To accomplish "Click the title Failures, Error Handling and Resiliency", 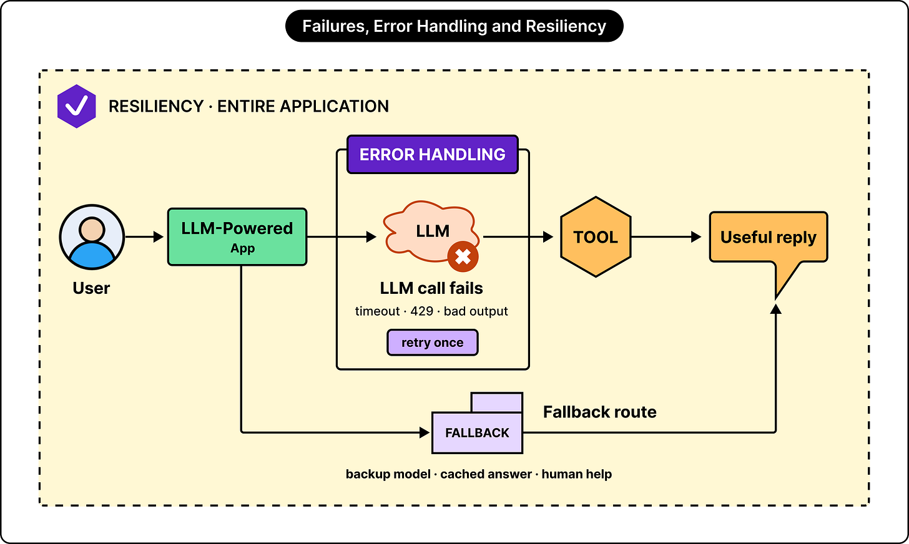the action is coord(454,26).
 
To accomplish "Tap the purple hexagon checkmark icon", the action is coord(76,106).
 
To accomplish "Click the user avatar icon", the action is coord(92,236).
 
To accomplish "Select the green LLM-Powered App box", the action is coord(237,237).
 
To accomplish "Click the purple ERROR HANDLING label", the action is coord(433,155).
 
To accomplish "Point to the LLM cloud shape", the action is coord(431,231).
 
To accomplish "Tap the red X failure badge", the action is coord(463,256).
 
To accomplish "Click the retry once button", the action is coord(433,342).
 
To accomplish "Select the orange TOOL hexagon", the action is coord(596,237).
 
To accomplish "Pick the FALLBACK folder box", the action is coord(477,423).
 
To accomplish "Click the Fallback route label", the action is coord(600,412).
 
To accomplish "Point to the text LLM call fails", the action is coord(431,288).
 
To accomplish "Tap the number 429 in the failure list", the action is coord(421,311).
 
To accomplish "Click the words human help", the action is coord(577,474).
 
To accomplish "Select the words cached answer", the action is coord(486,474).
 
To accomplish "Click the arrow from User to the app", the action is coord(144,236).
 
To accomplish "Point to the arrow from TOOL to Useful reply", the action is coord(666,236).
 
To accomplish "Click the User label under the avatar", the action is coord(91,288).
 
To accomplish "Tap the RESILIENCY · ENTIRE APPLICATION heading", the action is coord(248,106).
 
